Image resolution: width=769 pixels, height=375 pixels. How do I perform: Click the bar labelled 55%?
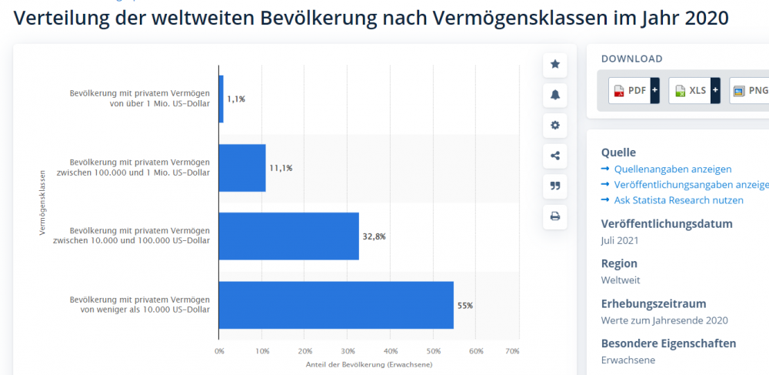(336, 305)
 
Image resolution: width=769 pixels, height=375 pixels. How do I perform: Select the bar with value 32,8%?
(289, 236)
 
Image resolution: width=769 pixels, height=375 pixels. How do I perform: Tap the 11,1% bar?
(242, 168)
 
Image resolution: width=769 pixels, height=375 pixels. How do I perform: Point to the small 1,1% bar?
(221, 99)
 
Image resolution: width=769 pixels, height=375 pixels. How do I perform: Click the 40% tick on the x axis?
(391, 351)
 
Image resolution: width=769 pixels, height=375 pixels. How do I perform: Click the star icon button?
(555, 65)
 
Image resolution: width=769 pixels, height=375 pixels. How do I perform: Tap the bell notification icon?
(555, 95)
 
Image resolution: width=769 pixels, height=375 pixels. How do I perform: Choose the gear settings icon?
(555, 126)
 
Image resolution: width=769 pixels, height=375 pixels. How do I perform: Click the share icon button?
(555, 156)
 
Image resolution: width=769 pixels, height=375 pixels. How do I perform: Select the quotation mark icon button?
(555, 186)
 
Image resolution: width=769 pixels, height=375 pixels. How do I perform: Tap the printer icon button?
(555, 216)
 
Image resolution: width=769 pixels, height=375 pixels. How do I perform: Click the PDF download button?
(630, 90)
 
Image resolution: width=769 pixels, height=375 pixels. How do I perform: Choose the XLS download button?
(690, 90)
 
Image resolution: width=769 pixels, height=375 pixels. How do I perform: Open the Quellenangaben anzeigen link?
(672, 169)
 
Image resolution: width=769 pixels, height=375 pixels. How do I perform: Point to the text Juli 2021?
(620, 240)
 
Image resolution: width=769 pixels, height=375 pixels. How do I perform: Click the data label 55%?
(465, 306)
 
